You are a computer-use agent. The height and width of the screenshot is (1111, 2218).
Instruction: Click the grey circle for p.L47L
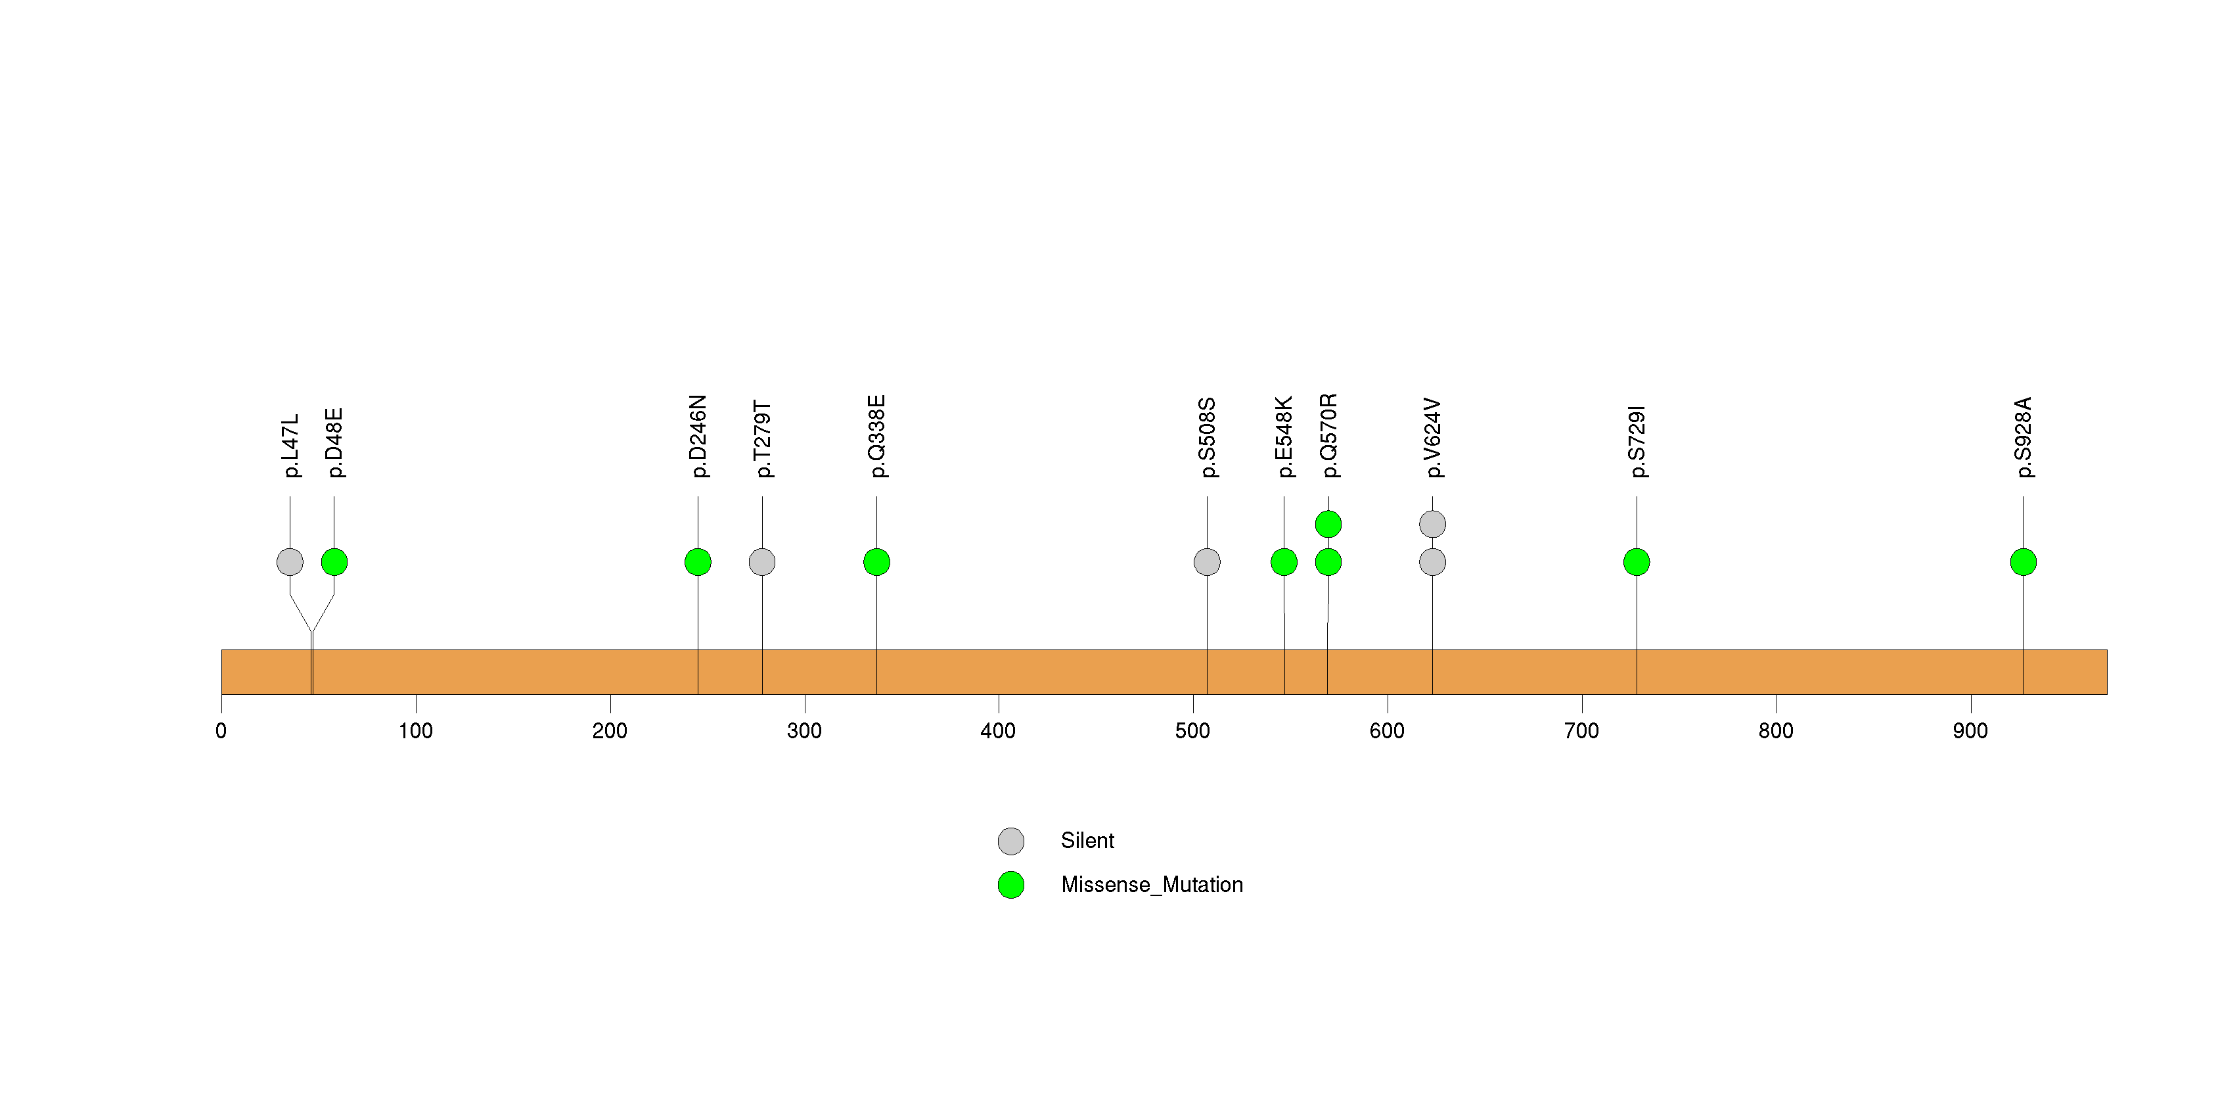290,562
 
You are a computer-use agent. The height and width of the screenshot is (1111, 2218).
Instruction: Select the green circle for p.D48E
334,562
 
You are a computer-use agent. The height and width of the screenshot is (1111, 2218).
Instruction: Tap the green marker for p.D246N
698,562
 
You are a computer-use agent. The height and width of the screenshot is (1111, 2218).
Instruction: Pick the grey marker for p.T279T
762,562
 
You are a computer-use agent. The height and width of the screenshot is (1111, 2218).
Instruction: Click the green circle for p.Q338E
876,562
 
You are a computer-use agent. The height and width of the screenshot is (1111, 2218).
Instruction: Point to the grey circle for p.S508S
1207,562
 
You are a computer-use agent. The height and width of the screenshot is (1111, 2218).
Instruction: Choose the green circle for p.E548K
1284,562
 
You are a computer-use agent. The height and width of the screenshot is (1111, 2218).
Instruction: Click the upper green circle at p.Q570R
1328,524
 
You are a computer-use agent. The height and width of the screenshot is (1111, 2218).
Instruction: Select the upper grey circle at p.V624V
1433,524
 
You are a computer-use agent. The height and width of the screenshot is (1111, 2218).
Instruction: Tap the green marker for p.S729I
1637,562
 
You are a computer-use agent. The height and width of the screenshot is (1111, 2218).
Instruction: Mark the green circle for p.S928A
2024,562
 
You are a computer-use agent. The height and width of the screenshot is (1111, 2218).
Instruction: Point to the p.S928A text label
2024,438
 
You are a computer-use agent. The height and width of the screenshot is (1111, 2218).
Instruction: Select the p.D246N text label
698,437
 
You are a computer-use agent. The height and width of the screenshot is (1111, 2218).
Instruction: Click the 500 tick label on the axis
1192,731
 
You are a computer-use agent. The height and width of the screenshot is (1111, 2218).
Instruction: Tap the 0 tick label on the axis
221,731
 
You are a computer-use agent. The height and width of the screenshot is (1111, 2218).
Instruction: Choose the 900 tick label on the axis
1970,731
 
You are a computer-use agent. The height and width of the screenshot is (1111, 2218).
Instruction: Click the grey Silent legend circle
1011,841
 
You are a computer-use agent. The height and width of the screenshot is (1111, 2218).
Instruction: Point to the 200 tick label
610,731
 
